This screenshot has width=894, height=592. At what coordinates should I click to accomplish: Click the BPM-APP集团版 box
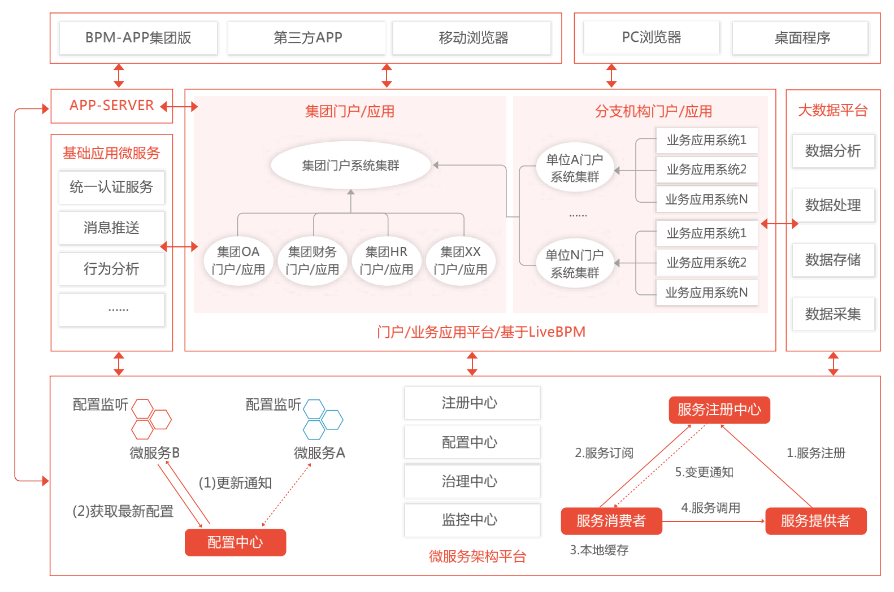tap(138, 38)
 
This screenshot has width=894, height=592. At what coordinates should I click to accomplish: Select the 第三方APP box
tap(307, 38)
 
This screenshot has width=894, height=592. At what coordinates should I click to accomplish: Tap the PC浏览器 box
tap(652, 37)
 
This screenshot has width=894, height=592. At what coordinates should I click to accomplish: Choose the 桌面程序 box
tap(801, 38)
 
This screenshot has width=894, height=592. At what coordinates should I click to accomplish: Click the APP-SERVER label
tap(112, 105)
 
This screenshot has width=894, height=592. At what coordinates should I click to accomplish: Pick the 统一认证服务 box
tap(112, 187)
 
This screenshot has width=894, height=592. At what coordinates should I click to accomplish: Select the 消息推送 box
tap(112, 228)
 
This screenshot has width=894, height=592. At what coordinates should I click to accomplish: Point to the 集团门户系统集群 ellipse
tap(351, 165)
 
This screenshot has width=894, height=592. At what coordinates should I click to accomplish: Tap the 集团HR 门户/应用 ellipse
tap(387, 261)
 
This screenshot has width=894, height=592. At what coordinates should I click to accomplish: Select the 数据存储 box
tap(833, 260)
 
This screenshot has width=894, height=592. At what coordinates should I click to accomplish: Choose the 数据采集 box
tap(833, 314)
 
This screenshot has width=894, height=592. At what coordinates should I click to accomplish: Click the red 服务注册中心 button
tap(719, 410)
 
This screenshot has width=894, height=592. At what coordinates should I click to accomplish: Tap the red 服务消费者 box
tap(611, 521)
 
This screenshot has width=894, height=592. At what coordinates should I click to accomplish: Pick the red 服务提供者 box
tap(816, 521)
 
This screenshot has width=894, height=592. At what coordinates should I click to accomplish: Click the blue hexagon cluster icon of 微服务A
tap(323, 420)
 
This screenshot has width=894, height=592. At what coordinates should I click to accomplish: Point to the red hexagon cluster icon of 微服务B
tap(151, 419)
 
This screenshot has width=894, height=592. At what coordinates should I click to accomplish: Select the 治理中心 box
tap(472, 481)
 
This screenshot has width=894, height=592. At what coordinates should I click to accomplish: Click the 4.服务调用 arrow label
tap(710, 508)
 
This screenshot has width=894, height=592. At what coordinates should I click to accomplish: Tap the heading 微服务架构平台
tap(478, 556)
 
